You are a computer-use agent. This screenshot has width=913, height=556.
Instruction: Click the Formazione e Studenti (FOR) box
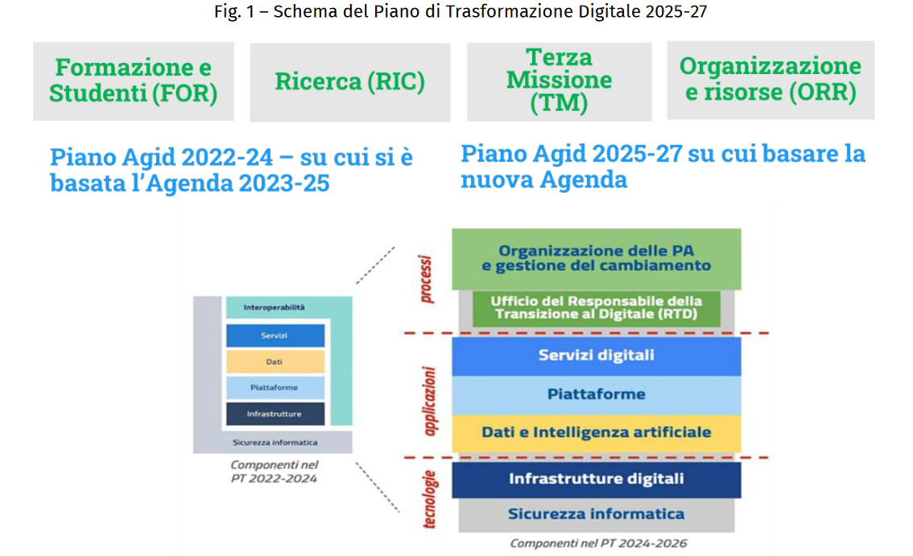pos(134,81)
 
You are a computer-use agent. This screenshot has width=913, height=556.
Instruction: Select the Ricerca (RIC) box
pos(350,82)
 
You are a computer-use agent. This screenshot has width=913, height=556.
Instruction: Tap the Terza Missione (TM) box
pos(559,81)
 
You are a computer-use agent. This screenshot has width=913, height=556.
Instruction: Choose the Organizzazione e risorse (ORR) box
pos(770,80)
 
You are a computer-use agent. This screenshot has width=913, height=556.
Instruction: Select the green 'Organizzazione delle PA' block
pos(597,259)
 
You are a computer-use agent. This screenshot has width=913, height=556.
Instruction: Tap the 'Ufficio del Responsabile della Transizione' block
pos(597,308)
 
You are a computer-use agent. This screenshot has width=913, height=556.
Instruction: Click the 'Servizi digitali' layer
pos(597,356)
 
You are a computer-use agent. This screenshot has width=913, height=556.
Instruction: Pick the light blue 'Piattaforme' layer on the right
pos(597,395)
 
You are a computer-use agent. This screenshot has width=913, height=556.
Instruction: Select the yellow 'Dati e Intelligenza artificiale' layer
pos(597,433)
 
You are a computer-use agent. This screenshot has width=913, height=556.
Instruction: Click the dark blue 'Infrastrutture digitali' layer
pos(597,480)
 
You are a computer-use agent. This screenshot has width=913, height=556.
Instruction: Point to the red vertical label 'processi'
pos(426,279)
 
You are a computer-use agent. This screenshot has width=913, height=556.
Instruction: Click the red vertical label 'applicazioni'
pos(429,402)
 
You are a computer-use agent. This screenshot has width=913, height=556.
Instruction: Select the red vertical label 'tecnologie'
pos(429,500)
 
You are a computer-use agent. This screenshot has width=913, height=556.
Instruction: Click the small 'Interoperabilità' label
pos(274,307)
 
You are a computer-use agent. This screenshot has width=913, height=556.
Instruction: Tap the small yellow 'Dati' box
pos(275,361)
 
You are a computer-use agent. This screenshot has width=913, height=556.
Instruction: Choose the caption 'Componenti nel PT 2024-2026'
pos(598,543)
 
